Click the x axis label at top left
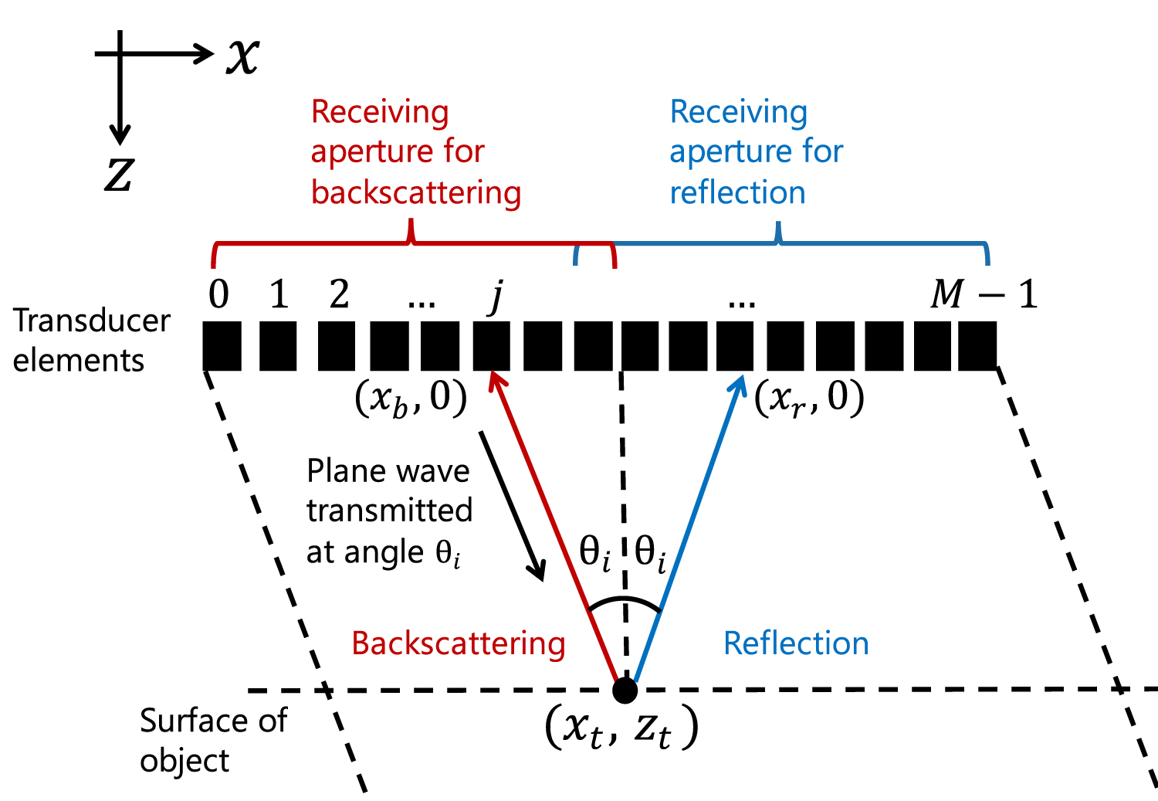click(x=242, y=56)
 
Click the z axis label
click(x=119, y=175)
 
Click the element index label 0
click(x=218, y=294)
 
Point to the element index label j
click(x=496, y=296)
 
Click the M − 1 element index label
click(x=984, y=294)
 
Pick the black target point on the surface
click(x=625, y=690)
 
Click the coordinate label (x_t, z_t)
click(x=621, y=728)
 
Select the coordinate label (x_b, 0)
click(x=411, y=399)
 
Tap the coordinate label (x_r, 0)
click(x=809, y=399)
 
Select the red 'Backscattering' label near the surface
click(x=459, y=643)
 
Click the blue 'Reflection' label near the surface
click(x=796, y=643)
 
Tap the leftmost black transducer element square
click(x=222, y=346)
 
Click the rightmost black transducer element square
click(x=977, y=346)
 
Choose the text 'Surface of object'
click(x=212, y=740)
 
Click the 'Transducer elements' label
click(x=91, y=341)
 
